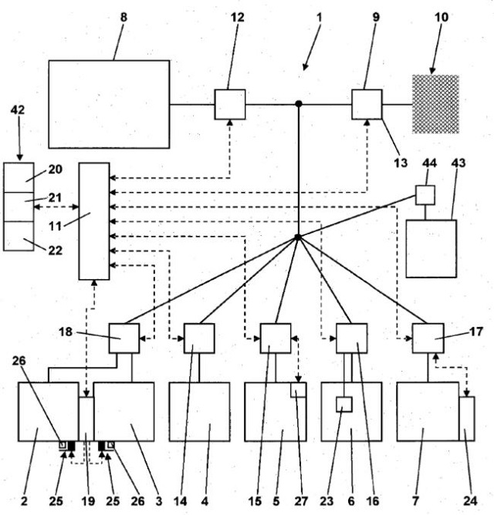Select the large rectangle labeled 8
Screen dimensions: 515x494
click(x=109, y=104)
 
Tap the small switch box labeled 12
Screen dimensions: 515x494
click(x=229, y=104)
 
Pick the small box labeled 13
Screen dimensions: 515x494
click(x=367, y=104)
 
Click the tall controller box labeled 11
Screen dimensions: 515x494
click(x=94, y=221)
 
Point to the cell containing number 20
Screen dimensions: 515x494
click(x=18, y=177)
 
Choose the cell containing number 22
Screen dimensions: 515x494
click(x=18, y=235)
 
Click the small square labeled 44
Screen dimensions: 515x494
click(x=425, y=194)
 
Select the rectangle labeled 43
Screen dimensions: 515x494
click(x=431, y=248)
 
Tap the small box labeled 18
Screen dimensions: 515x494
click(x=123, y=338)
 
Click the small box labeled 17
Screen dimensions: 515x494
click(x=428, y=338)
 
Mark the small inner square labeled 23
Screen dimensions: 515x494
click(x=345, y=403)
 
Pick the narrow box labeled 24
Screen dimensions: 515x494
click(x=467, y=419)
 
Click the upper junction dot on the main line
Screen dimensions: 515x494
click(x=299, y=103)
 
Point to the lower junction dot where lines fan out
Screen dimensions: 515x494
click(x=298, y=237)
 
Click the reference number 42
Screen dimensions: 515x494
click(x=17, y=110)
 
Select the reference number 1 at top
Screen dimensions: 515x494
click(x=320, y=16)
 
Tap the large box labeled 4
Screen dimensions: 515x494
click(x=199, y=412)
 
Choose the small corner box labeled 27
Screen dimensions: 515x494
click(x=299, y=391)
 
